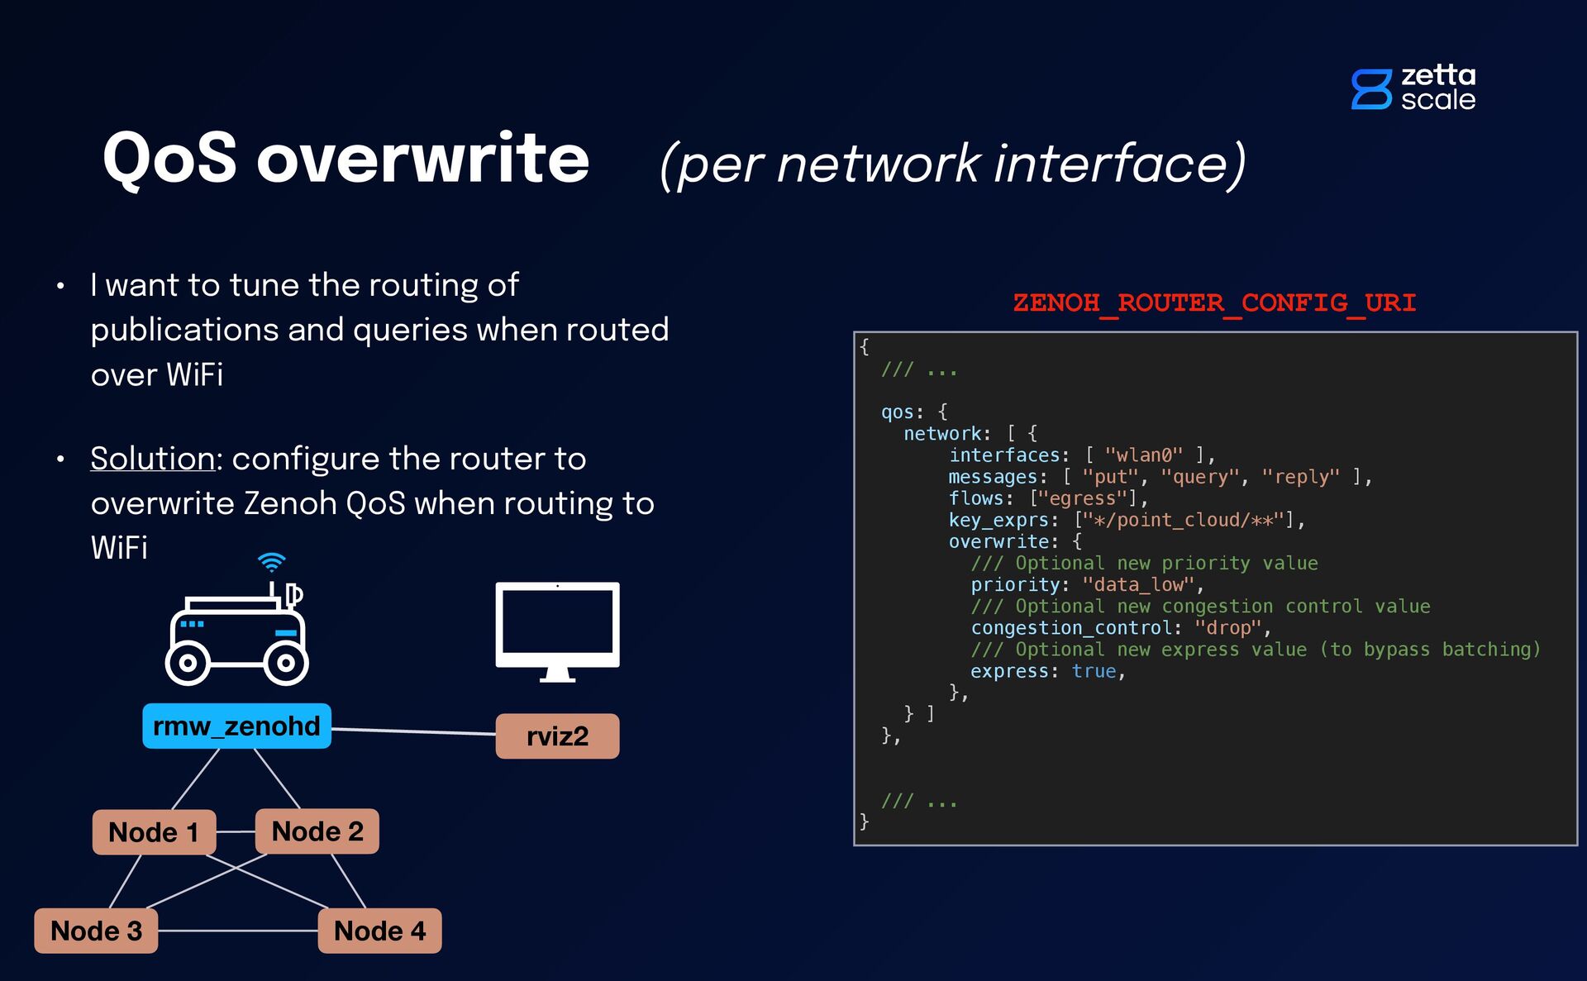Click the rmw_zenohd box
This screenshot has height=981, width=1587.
pos(236,726)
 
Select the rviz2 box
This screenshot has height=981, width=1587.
pos(557,736)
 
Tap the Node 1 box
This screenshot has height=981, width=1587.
pos(154,832)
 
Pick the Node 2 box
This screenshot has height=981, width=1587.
pos(317,831)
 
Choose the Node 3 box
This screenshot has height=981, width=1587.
pos(96,931)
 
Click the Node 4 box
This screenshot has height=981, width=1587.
pos(379,931)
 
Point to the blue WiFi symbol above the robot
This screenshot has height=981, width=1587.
pos(271,562)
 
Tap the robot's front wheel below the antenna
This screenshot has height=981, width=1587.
pos(285,663)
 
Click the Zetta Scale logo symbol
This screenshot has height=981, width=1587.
pos(1371,89)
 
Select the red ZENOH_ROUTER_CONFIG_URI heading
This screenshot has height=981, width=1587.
pos(1214,302)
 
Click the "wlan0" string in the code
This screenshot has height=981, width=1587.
pos(1143,455)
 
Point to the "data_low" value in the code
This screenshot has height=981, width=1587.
pos(1138,585)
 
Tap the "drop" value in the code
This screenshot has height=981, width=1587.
pos(1228,628)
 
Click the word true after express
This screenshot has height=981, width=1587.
pos(1094,671)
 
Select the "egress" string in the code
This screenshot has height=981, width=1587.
pos(1083,498)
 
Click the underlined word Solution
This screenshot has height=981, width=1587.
pos(153,459)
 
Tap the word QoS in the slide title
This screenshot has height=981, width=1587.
pos(170,159)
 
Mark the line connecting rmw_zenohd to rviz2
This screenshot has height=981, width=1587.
pos(413,731)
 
